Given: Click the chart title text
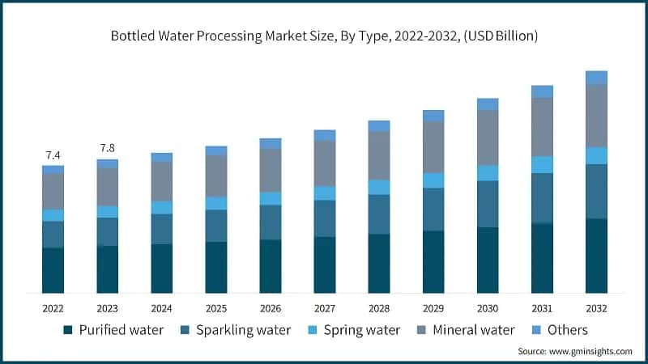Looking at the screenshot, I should point(324,36).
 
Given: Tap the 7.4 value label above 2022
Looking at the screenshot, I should point(53,154).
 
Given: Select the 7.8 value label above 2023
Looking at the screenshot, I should point(107,148).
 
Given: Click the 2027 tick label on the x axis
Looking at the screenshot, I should point(324,308).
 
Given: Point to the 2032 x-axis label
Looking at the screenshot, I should point(596,308).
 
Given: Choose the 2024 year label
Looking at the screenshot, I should point(161,308).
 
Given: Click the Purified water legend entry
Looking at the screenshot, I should point(113,330).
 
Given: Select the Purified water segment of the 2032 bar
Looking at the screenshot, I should point(596,256).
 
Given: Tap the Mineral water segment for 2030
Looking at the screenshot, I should point(488,138).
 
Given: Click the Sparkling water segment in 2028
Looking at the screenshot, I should point(378,214).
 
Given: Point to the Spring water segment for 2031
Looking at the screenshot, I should point(542,165).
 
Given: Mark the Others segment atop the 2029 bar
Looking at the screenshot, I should point(433,116).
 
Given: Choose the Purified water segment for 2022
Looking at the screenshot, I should point(53,270).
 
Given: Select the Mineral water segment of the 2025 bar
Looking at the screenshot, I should point(215,176).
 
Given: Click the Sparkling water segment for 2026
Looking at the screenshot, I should point(270,222).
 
